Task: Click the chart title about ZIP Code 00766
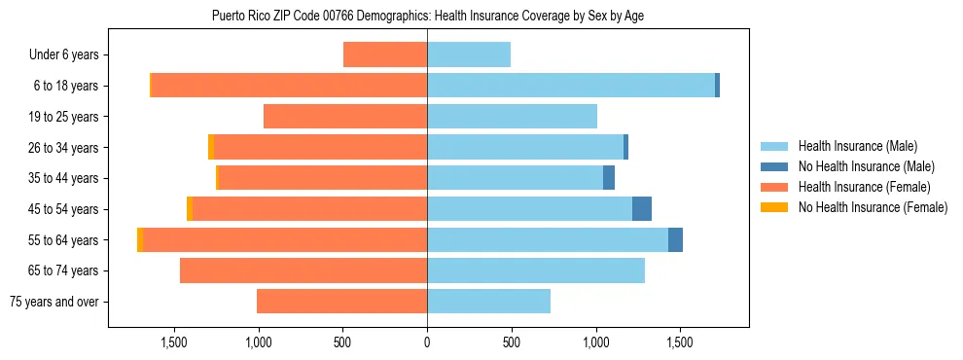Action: click(x=427, y=16)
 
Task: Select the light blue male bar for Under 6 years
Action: click(x=469, y=54)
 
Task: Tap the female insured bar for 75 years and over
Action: click(x=341, y=302)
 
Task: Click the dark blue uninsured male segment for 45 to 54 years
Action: click(x=642, y=209)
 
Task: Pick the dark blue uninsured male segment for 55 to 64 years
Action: click(x=675, y=240)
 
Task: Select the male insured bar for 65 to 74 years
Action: click(x=536, y=270)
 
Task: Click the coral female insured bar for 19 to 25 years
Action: click(x=345, y=117)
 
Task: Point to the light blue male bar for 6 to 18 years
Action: click(x=571, y=86)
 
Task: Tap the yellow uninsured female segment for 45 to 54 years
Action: click(x=190, y=209)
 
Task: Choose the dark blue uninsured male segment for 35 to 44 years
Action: click(x=609, y=178)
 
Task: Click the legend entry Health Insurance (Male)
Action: click(x=852, y=146)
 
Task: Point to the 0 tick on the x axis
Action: click(x=427, y=342)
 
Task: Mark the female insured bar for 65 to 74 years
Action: click(x=303, y=270)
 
